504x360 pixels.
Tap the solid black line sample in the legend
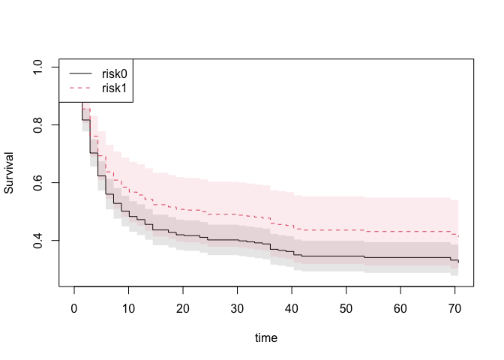81,73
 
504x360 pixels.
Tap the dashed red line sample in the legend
81,88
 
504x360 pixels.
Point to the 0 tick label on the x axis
74,309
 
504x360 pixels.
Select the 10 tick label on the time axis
128,309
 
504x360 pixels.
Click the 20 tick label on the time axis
183,309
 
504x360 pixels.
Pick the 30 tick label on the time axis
238,309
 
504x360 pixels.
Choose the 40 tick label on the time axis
292,309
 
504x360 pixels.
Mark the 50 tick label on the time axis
346,309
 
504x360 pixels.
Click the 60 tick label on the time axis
400,309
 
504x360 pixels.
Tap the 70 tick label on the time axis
454,309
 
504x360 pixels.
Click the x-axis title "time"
265,338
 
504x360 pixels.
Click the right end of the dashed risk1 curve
458,236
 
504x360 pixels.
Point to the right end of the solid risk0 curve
458,261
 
